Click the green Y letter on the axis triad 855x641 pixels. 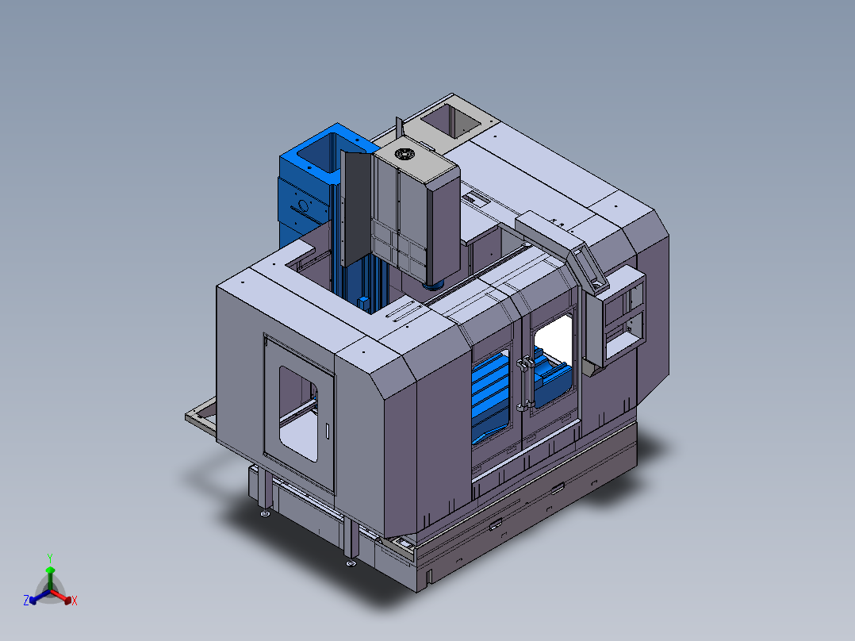(x=50, y=558)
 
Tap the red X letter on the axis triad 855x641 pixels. (x=75, y=601)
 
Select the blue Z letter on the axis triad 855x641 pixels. (x=26, y=600)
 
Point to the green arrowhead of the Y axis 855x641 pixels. (x=50, y=570)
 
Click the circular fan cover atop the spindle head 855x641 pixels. (x=404, y=155)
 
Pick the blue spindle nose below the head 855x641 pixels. (x=434, y=285)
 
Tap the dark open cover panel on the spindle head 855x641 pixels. (x=356, y=209)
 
